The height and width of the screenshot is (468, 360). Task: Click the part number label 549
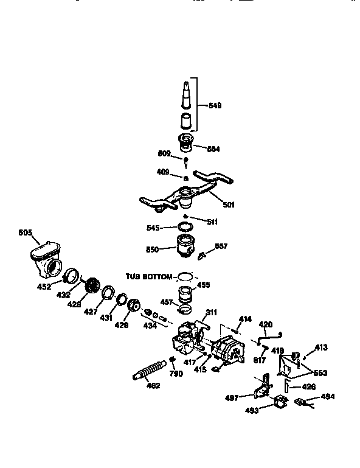coord(215,105)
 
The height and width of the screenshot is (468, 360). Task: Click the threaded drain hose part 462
coord(148,370)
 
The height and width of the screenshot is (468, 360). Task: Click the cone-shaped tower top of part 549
coord(185,94)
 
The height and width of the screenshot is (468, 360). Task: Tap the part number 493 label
coord(251,410)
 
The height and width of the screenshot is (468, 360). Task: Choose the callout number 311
coord(211,312)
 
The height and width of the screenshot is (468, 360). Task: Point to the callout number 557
coord(221,246)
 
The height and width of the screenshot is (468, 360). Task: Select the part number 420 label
coord(266,324)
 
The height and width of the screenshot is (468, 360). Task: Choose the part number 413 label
coord(321,347)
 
